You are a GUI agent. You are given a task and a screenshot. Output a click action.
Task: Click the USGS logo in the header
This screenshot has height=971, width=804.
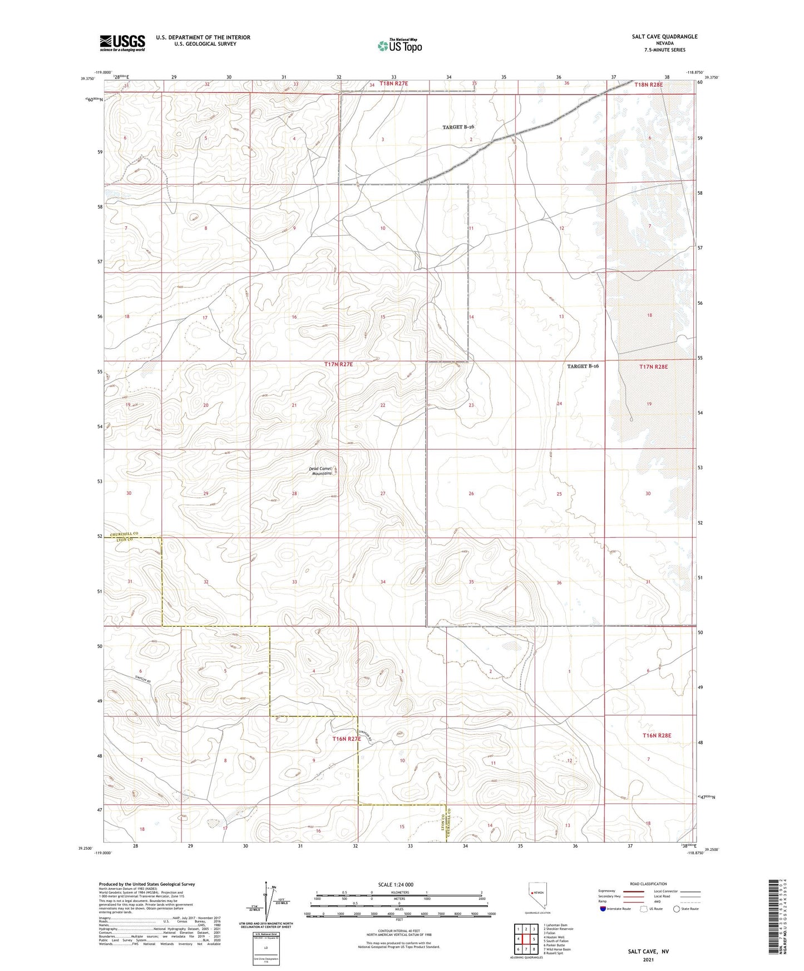tap(122, 43)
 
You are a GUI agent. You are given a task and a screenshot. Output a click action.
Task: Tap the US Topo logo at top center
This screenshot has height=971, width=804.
tap(399, 46)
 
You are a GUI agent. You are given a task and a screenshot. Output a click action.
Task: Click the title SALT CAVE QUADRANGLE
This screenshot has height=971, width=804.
tap(664, 37)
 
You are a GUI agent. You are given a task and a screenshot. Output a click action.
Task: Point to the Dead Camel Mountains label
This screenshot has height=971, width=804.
tap(321, 470)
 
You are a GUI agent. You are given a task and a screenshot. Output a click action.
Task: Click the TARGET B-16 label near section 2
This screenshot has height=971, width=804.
tap(458, 127)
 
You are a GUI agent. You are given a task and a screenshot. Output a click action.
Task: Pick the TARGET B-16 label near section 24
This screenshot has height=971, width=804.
tap(583, 366)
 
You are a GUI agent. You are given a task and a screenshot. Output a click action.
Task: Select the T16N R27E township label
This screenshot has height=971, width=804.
tap(347, 739)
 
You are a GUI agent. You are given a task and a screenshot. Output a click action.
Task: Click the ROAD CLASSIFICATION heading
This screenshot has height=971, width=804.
tap(648, 884)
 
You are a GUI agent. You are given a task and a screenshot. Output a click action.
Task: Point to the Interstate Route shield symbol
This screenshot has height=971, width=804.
tap(603, 909)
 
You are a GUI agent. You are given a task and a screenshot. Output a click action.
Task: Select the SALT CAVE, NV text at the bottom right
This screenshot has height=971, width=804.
tap(648, 952)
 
